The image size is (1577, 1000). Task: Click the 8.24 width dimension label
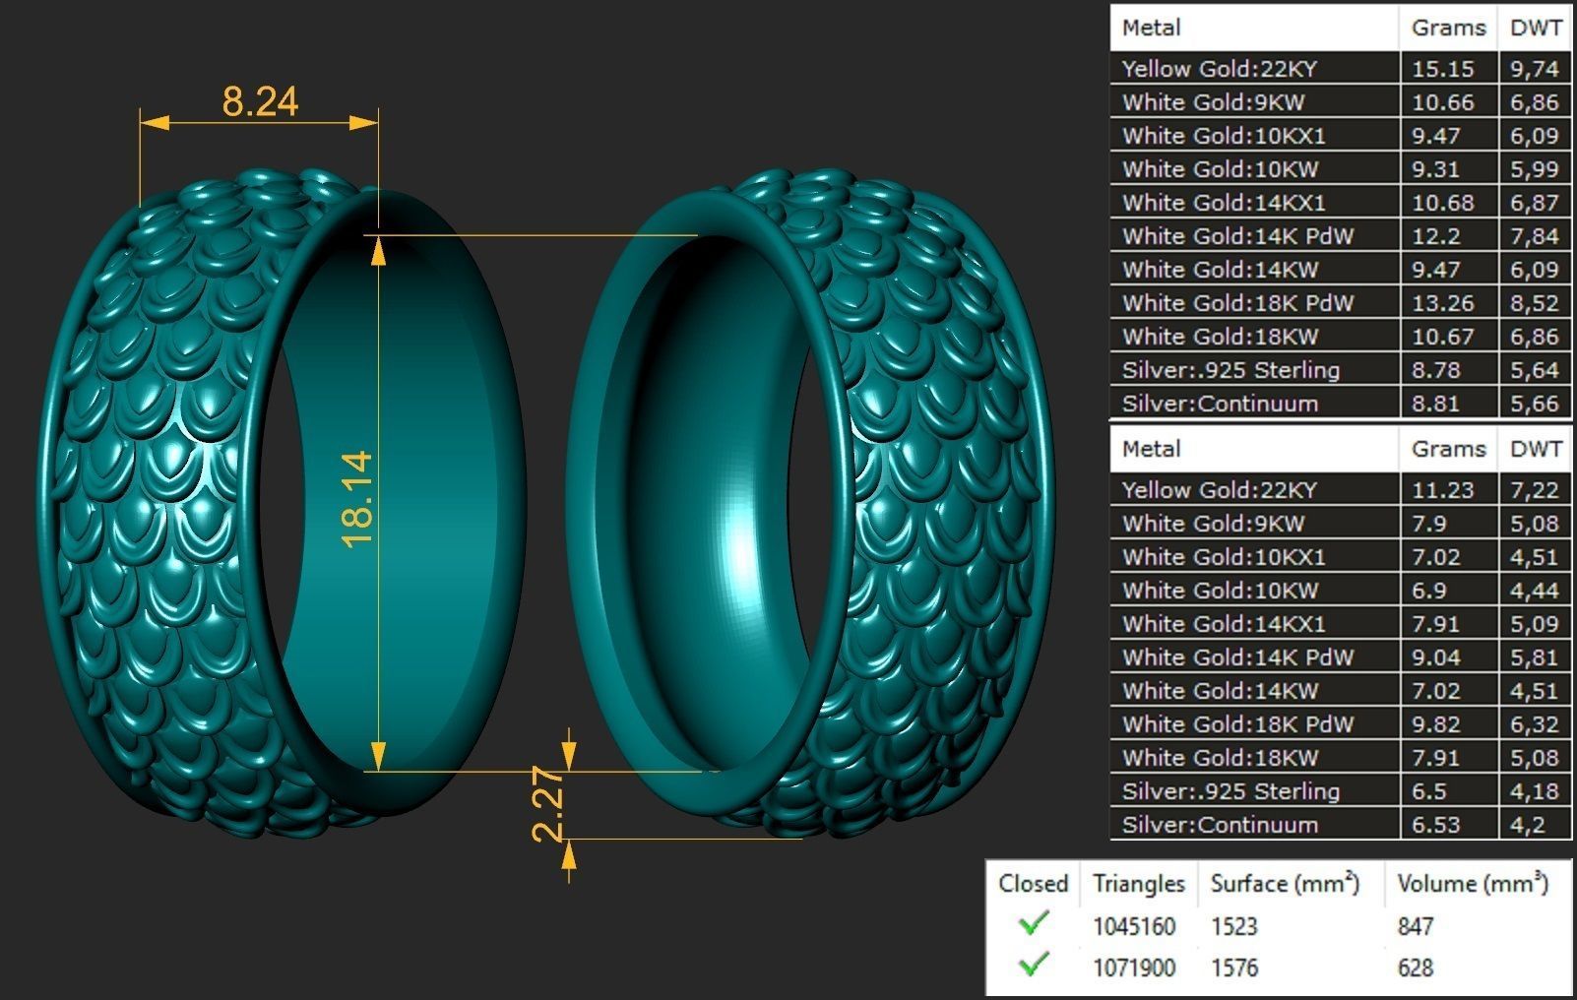click(x=260, y=101)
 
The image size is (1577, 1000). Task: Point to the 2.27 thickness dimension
click(x=548, y=804)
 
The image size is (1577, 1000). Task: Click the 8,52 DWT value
click(x=1534, y=303)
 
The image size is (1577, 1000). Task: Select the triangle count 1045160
click(x=1133, y=926)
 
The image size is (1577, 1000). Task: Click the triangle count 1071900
click(x=1133, y=968)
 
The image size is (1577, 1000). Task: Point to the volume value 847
click(x=1415, y=926)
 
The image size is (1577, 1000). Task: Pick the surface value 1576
click(x=1234, y=968)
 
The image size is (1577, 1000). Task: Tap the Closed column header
click(x=1033, y=883)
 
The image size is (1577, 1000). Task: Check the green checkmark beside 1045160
click(x=1034, y=924)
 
